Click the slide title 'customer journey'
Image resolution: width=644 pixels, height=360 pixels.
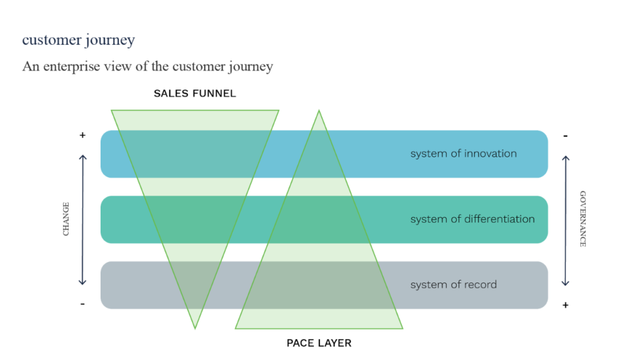click(79, 40)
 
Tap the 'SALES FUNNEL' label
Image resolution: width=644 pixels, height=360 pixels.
click(195, 94)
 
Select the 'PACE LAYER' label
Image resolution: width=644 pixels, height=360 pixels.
click(319, 343)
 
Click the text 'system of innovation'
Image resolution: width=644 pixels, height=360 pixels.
click(464, 154)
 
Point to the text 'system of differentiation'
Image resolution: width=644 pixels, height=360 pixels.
click(472, 219)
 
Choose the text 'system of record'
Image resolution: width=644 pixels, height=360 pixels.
click(453, 284)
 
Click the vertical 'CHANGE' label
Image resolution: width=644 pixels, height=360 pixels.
click(66, 219)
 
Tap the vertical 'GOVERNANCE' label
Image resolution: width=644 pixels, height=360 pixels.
click(582, 218)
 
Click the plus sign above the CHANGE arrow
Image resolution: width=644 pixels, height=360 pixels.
click(82, 135)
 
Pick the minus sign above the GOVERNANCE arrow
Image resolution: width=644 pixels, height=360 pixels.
click(565, 135)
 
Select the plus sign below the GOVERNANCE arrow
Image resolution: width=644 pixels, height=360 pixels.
click(565, 305)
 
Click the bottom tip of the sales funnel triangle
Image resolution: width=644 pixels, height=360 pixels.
click(195, 327)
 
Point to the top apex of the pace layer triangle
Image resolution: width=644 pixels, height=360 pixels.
click(319, 112)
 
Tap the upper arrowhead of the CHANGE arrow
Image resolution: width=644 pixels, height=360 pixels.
click(82, 155)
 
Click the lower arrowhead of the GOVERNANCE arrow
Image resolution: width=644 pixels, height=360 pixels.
click(565, 284)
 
